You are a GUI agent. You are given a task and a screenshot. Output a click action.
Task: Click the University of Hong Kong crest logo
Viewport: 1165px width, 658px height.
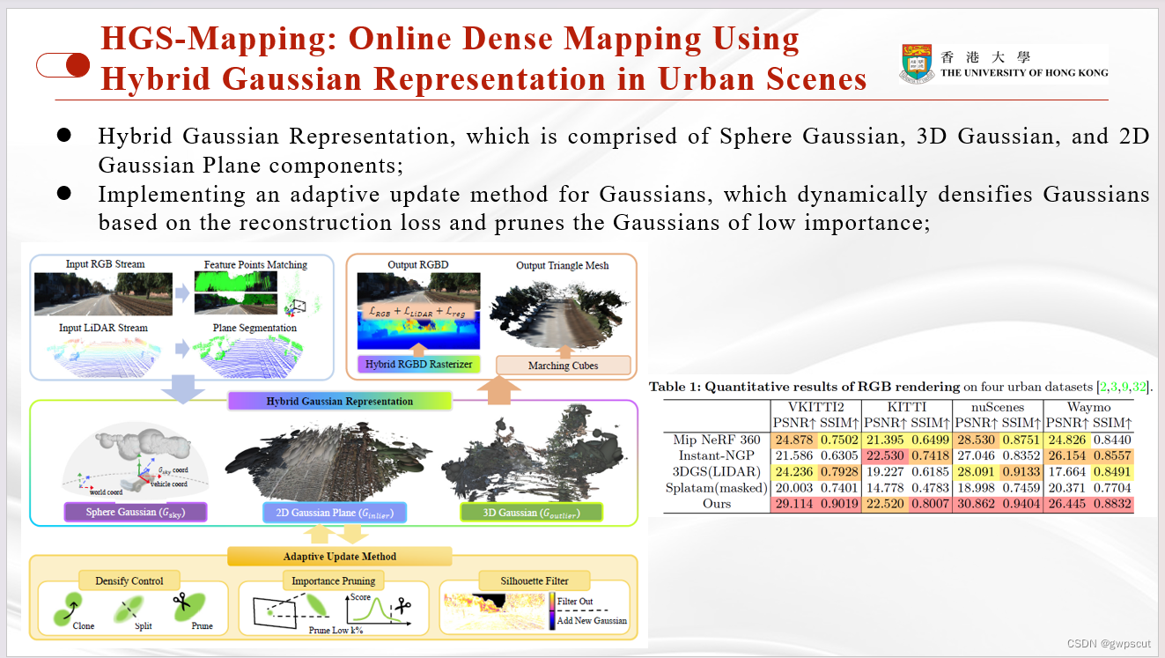point(917,64)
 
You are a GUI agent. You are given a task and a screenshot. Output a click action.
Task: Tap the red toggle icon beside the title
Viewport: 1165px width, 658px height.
point(63,65)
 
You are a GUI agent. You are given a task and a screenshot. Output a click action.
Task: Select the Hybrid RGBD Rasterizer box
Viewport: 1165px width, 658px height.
point(418,364)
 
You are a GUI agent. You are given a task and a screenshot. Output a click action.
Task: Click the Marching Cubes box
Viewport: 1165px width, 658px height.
point(562,365)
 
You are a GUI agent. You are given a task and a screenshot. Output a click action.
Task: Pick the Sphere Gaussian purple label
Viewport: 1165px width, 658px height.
point(136,512)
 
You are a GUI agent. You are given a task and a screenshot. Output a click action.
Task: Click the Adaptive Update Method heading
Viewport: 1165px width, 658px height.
point(339,556)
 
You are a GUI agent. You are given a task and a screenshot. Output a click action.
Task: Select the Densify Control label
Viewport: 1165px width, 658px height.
point(129,581)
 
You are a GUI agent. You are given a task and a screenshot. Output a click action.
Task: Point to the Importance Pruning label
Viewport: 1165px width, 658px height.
point(334,581)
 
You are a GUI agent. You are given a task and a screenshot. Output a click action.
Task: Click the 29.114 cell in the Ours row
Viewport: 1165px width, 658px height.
point(795,504)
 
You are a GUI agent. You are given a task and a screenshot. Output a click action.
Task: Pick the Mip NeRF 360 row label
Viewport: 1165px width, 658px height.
point(716,440)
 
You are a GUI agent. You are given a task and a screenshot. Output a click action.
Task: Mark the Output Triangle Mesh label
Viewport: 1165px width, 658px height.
point(562,264)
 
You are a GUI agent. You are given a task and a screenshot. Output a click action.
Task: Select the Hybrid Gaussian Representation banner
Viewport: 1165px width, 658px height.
point(339,401)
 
